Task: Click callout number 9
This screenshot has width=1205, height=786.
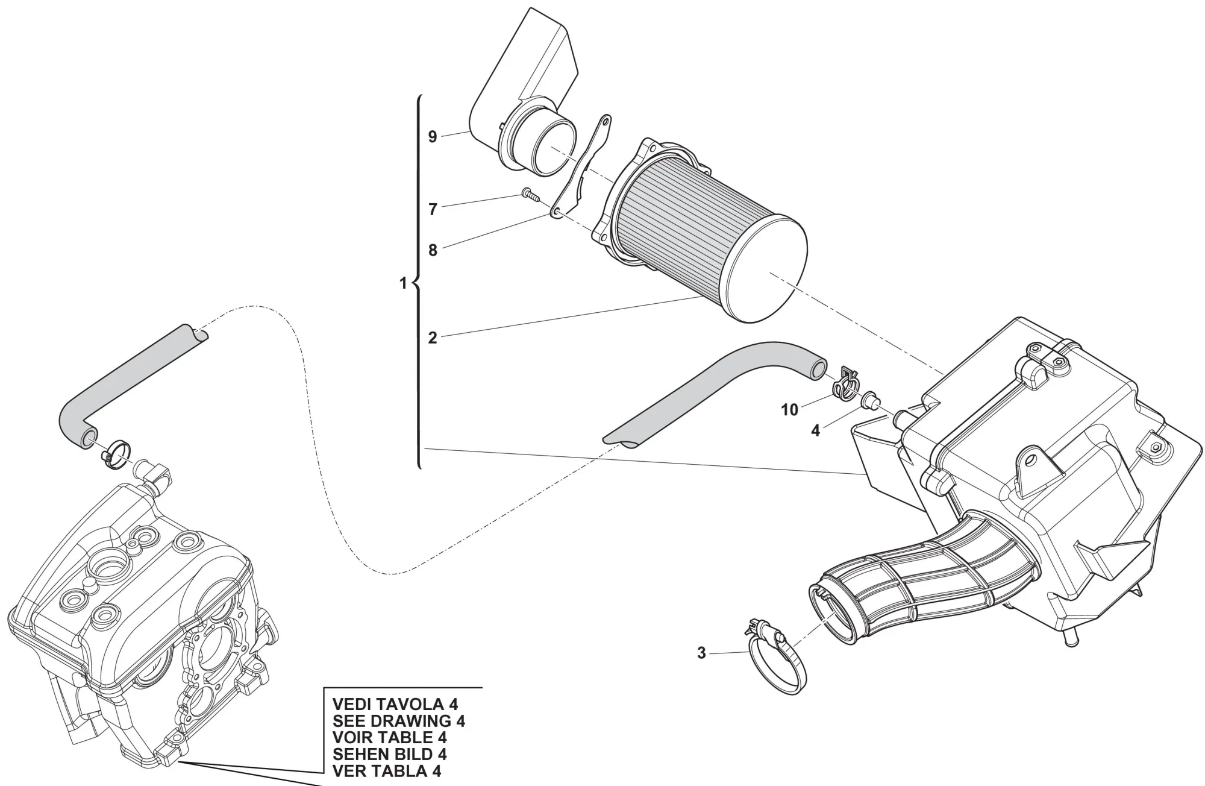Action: [432, 137]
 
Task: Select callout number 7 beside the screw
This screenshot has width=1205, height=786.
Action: [432, 209]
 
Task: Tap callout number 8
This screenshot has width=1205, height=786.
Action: [432, 250]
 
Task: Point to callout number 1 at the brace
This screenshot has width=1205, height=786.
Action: [404, 283]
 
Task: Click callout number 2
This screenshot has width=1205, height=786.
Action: [432, 338]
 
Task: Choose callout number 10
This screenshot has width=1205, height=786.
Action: [789, 410]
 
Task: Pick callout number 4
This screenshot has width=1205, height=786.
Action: [815, 430]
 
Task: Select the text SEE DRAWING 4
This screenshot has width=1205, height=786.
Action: [399, 720]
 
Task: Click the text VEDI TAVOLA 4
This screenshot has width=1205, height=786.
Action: [395, 703]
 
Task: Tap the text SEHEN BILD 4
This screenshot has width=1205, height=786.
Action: [390, 754]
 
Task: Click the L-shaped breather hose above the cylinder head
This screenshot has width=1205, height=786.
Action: [120, 386]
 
